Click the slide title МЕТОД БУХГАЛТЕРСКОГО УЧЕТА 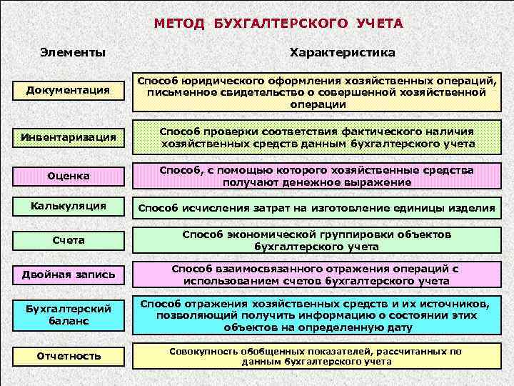point(278,24)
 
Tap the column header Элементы point(73,53)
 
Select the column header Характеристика point(342,53)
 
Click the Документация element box point(67,90)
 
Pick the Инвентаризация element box point(68,137)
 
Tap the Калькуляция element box point(68,207)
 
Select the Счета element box point(68,240)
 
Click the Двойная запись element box point(68,274)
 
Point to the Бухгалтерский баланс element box point(68,315)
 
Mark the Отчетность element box point(68,355)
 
